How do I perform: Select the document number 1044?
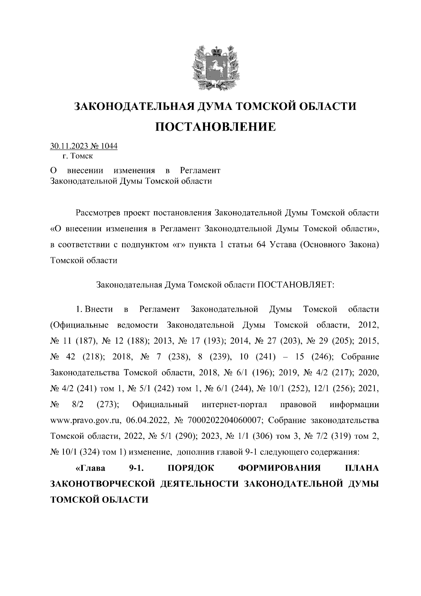109,146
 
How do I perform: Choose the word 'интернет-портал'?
235,405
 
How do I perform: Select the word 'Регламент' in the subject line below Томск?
200,171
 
